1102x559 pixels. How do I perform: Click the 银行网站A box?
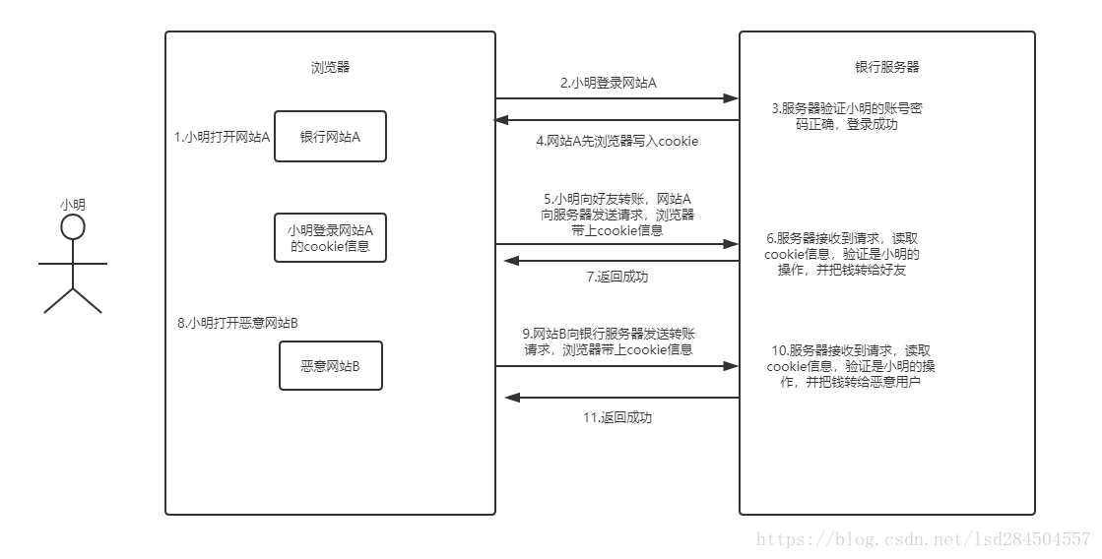[x=330, y=137]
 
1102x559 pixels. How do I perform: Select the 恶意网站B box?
[x=330, y=366]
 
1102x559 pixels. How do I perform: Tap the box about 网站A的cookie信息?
[x=330, y=237]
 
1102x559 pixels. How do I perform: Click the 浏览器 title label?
[x=330, y=68]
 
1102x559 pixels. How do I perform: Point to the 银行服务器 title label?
[x=886, y=68]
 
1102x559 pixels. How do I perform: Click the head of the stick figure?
[x=72, y=227]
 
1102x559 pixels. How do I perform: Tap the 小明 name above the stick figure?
[x=73, y=204]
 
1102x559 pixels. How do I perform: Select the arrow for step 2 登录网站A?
[x=616, y=98]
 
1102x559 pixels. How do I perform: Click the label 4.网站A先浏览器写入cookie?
[x=616, y=141]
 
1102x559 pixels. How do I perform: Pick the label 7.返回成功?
[x=616, y=278]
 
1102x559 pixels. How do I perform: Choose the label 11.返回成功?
[x=616, y=417]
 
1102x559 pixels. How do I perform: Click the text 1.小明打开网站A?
[x=222, y=137]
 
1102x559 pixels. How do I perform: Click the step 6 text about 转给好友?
[x=848, y=254]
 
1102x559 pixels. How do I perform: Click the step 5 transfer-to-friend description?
[x=616, y=215]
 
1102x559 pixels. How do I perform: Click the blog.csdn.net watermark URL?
[x=923, y=539]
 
